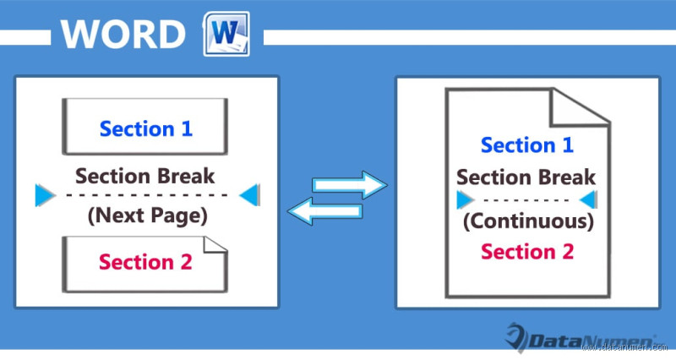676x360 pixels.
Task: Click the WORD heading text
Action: click(x=123, y=35)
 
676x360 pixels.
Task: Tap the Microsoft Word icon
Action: click(x=225, y=34)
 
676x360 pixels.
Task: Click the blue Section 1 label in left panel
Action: click(x=146, y=129)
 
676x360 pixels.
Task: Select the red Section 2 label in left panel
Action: click(x=145, y=261)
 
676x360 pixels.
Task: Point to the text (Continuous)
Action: click(x=527, y=222)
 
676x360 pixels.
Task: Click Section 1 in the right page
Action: click(x=527, y=145)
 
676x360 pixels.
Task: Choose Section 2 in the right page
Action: click(x=527, y=251)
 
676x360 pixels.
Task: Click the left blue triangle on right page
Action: click(x=464, y=200)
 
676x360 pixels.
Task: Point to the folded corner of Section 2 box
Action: click(x=218, y=245)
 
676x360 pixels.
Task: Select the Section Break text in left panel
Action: click(x=145, y=177)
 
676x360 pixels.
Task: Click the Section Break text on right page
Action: click(x=526, y=178)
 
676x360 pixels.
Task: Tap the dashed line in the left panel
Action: click(x=146, y=196)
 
